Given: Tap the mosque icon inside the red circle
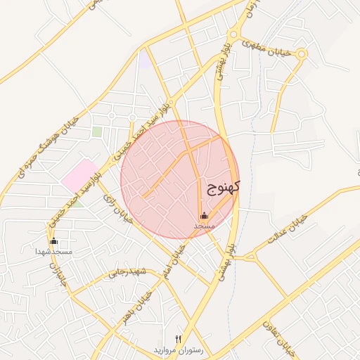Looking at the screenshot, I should coord(204,216).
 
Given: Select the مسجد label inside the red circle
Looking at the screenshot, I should coord(204,226).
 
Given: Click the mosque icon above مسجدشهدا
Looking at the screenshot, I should coord(54,242).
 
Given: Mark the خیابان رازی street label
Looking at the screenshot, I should coord(117,209).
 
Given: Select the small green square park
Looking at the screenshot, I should coord(96,131).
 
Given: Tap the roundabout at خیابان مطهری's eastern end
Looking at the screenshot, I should coord(302,54).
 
